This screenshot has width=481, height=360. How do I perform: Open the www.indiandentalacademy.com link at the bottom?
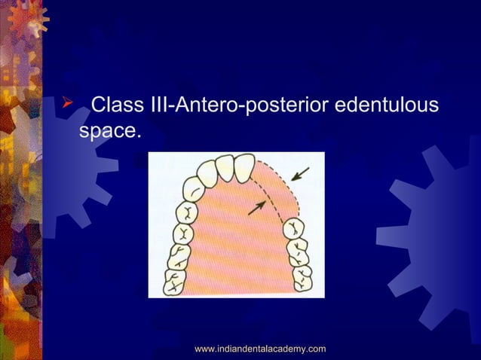[260, 348]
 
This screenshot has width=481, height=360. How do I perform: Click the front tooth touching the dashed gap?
[244, 168]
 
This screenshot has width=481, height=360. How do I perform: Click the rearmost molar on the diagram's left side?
[173, 283]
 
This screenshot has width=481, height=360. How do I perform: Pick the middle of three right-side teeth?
[297, 247]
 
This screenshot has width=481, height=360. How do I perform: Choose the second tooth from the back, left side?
[177, 256]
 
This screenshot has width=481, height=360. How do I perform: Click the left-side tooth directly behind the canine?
[185, 210]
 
